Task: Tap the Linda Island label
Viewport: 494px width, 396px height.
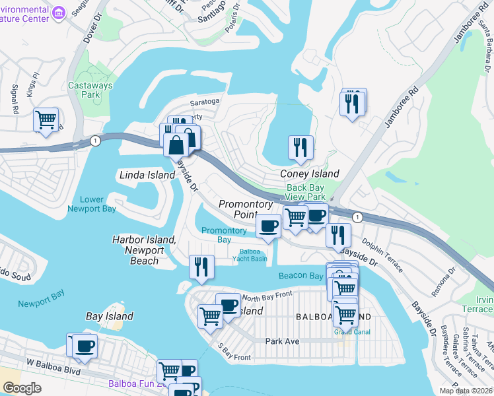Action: click(145, 175)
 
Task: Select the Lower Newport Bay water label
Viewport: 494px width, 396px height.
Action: click(92, 204)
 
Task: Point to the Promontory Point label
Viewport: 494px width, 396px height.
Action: click(238, 209)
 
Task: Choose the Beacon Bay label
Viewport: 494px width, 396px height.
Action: click(300, 275)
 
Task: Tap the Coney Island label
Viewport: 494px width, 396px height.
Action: click(310, 174)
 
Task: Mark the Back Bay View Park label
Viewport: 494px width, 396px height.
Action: click(306, 192)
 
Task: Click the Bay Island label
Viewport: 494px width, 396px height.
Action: click(110, 316)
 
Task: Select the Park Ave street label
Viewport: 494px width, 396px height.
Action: click(283, 341)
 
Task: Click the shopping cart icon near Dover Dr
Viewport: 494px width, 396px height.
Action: click(46, 120)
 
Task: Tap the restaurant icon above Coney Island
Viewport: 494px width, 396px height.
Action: click(300, 147)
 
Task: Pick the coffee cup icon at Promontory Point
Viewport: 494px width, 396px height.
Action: click(268, 226)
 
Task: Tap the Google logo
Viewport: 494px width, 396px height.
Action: click(22, 388)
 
